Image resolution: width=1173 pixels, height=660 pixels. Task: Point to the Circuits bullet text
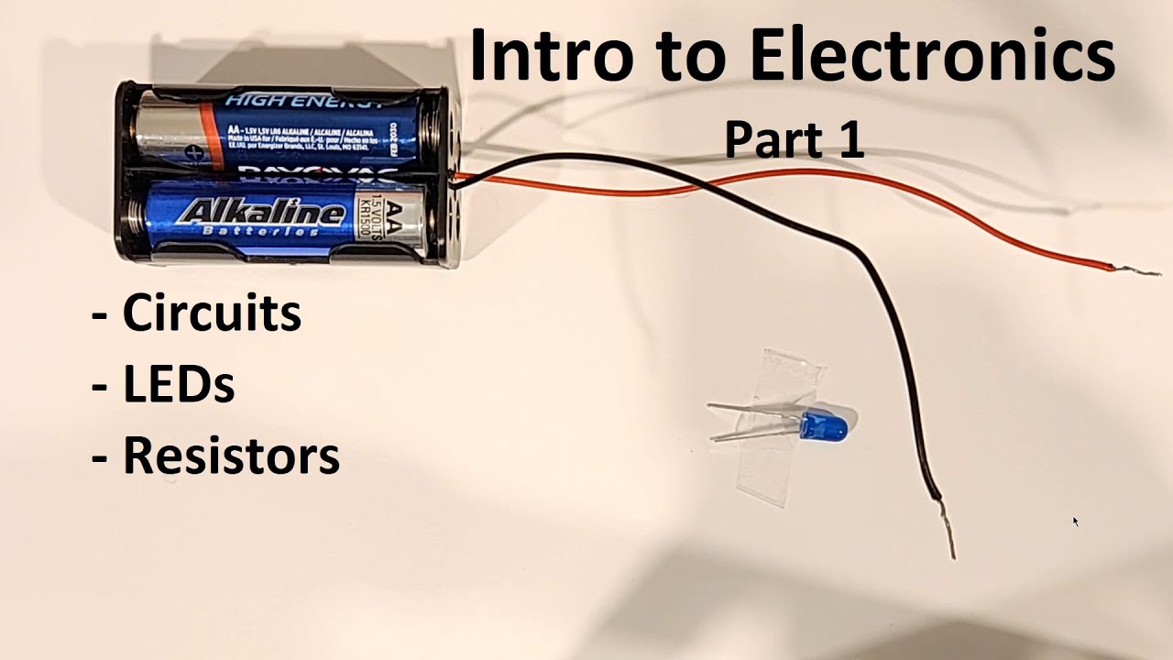(x=211, y=313)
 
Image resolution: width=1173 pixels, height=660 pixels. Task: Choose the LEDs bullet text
(x=179, y=385)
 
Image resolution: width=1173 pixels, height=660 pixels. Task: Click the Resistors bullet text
(x=231, y=456)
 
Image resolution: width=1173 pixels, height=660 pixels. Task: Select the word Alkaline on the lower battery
(x=262, y=214)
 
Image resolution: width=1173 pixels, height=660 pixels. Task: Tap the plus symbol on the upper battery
(x=192, y=152)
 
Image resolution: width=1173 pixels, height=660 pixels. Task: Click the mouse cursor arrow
(x=1075, y=521)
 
